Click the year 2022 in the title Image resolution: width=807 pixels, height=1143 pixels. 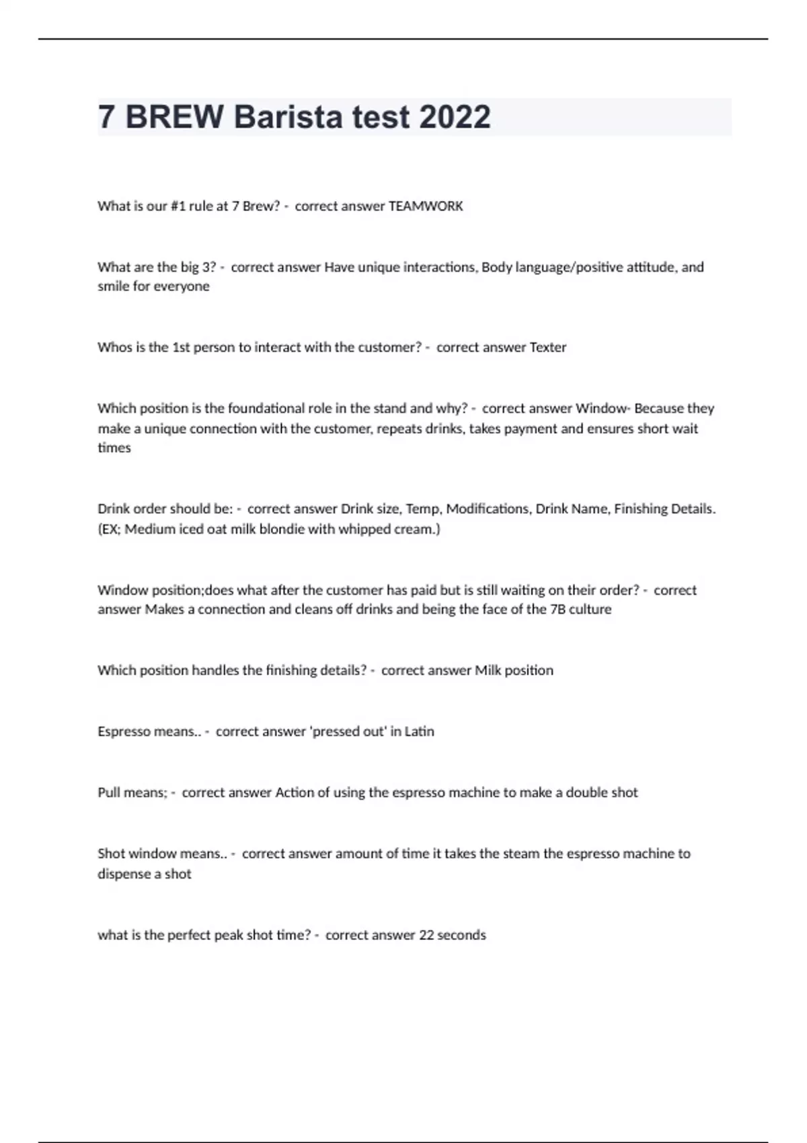pyautogui.click(x=455, y=117)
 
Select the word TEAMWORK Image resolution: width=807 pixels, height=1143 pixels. pyautogui.click(x=426, y=206)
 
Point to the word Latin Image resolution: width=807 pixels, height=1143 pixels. pyautogui.click(x=419, y=732)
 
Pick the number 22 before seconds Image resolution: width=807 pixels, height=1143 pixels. pyautogui.click(x=426, y=935)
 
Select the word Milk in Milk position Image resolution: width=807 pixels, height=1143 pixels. pyautogui.click(x=488, y=670)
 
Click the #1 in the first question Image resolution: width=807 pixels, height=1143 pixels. pyautogui.click(x=177, y=206)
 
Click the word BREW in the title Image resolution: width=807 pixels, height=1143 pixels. pyautogui.click(x=174, y=117)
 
